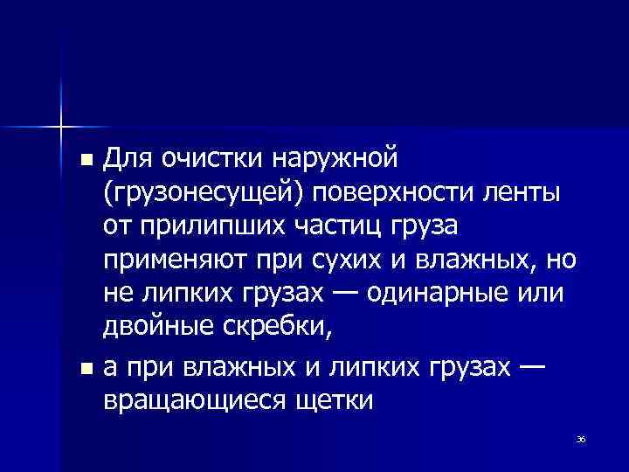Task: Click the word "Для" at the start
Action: pos(128,159)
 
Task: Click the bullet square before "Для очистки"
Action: pos(84,162)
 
